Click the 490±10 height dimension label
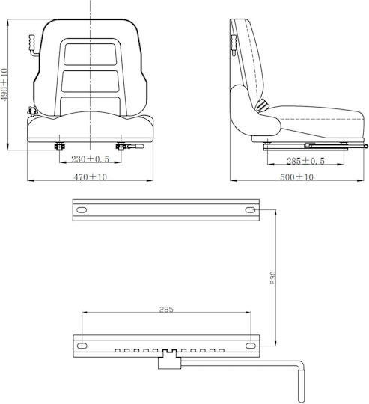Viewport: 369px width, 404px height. pyautogui.click(x=4, y=85)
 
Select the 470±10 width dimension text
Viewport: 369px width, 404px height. pyautogui.click(x=90, y=177)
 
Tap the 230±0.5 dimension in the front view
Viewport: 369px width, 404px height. pyautogui.click(x=90, y=159)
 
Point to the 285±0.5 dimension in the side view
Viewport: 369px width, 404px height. pyautogui.click(x=305, y=161)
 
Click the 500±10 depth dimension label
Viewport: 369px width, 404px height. pyautogui.click(x=296, y=177)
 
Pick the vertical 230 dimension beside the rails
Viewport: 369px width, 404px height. pyautogui.click(x=272, y=278)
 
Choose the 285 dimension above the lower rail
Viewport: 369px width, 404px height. pyautogui.click(x=166, y=310)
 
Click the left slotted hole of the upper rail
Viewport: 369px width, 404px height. pyautogui.click(x=82, y=210)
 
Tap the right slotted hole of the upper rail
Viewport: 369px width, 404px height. pyautogui.click(x=250, y=210)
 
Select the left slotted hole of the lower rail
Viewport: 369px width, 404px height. pyautogui.click(x=82, y=346)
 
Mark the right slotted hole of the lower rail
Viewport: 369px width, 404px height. pyautogui.click(x=251, y=346)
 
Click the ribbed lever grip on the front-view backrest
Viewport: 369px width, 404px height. pyautogui.click(x=32, y=43)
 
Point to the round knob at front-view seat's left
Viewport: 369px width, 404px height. pyautogui.click(x=32, y=111)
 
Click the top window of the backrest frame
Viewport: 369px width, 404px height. pyautogui.click(x=90, y=54)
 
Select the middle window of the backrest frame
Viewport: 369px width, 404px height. pyautogui.click(x=90, y=81)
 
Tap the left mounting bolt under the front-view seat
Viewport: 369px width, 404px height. pyautogui.click(x=60, y=147)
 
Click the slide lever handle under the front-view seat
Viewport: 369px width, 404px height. pyautogui.click(x=135, y=147)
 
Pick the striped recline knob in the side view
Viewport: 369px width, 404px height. pyautogui.click(x=262, y=105)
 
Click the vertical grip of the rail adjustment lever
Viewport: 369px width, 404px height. pyautogui.click(x=301, y=386)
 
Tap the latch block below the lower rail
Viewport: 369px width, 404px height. pyautogui.click(x=169, y=360)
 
